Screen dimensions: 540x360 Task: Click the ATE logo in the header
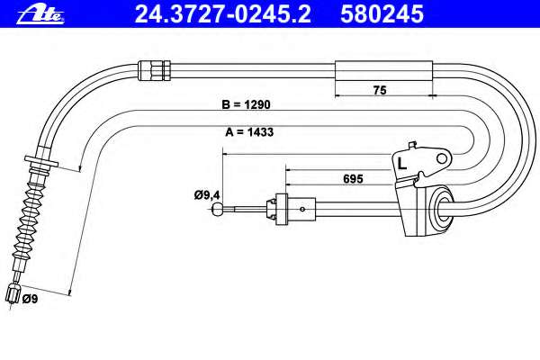pos(40,15)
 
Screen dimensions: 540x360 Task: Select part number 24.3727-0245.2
pos(223,13)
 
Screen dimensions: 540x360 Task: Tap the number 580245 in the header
pos(382,13)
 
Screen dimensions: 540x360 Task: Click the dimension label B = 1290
pos(247,104)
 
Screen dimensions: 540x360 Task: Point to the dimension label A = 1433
pos(249,131)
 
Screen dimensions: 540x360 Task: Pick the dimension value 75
pos(380,90)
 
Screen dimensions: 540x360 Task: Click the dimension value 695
pos(354,179)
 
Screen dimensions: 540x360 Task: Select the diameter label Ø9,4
pos(207,195)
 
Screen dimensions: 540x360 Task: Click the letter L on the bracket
pos(402,163)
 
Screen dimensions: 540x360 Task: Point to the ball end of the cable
pos(218,209)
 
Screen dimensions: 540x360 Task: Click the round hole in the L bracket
pos(442,158)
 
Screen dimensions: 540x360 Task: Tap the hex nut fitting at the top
pos(154,70)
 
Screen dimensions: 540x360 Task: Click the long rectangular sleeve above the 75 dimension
pos(383,71)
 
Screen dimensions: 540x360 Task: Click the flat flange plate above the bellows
pos(41,162)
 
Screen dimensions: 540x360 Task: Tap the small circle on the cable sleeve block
pos(302,209)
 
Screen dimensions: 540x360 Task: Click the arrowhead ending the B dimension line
pos(80,168)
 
